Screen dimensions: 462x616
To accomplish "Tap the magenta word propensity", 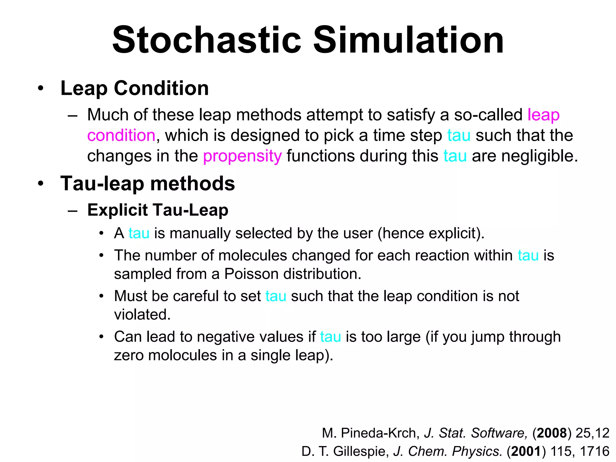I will click(242, 156).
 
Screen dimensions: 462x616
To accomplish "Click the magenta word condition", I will click(121, 135).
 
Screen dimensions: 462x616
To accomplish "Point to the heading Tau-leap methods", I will click(147, 183).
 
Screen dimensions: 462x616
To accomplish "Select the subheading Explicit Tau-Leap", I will click(158, 210).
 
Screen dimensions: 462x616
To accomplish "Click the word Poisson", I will click(251, 274).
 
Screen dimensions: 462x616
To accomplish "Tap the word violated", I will click(142, 315).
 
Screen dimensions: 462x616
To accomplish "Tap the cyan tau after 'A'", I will click(139, 233).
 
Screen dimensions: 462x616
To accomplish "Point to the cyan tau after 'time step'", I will click(459, 135).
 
